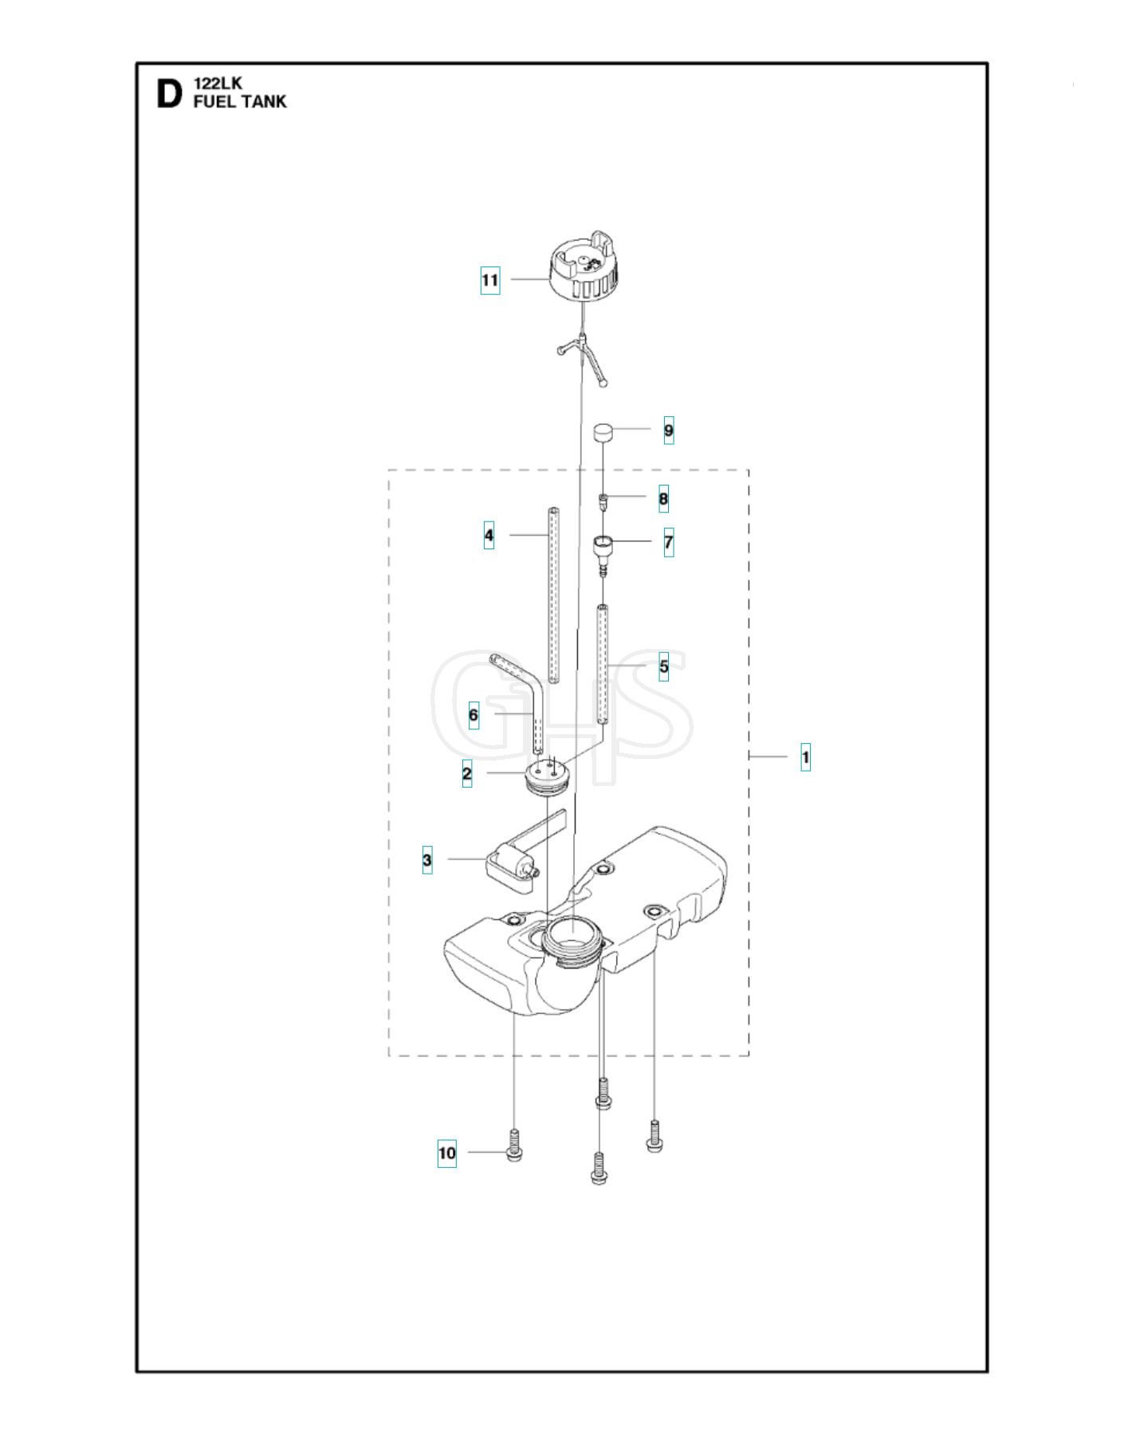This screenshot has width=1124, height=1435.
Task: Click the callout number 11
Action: [x=490, y=281]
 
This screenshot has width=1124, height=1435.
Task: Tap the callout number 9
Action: [x=669, y=431]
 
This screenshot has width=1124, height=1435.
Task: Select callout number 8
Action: [x=663, y=499]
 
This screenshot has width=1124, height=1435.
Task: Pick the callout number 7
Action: [x=669, y=543]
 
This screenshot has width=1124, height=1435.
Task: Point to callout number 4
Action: [x=489, y=535]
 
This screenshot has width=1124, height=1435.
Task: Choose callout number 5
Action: [x=664, y=666]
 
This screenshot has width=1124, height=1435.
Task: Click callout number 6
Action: [x=474, y=715]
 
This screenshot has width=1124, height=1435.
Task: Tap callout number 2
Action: [x=467, y=773]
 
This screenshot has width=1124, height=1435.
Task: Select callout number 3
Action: [x=427, y=860]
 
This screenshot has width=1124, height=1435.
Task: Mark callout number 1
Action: [x=806, y=757]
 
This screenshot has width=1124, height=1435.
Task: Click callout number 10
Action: [x=447, y=1153]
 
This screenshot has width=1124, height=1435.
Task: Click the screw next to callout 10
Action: [x=514, y=1146]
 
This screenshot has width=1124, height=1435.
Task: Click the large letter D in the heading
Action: [x=169, y=94]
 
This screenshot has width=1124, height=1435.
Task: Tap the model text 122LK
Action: [x=218, y=83]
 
